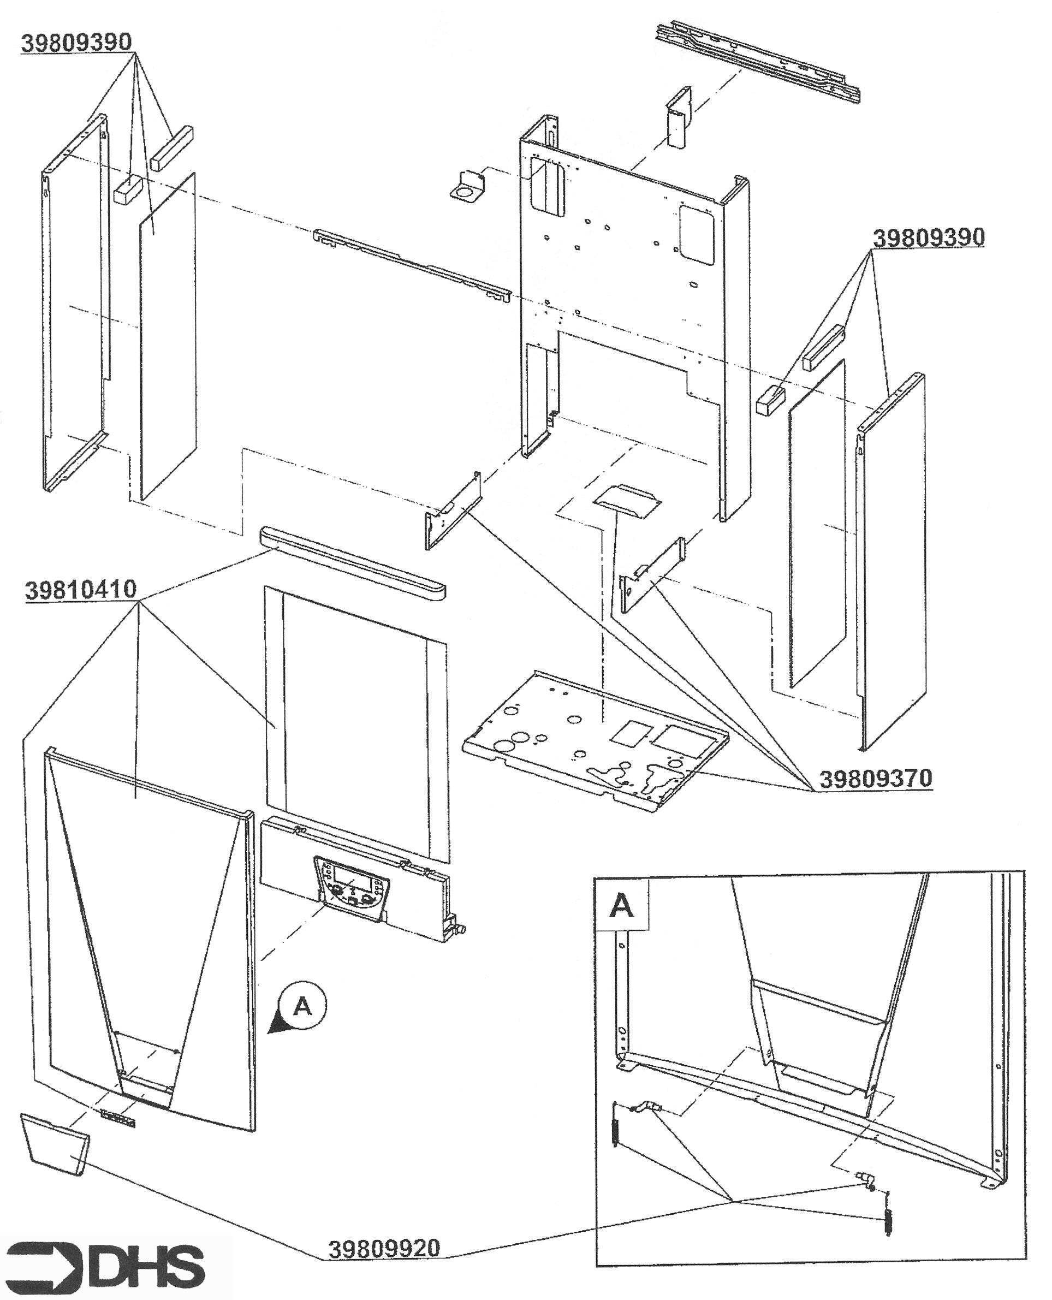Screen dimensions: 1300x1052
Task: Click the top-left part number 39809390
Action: (76, 43)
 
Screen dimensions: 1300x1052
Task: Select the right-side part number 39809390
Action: (929, 238)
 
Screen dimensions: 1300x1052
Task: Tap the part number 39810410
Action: (81, 590)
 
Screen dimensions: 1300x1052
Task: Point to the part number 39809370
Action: (876, 779)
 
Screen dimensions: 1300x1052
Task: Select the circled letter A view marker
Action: (302, 1006)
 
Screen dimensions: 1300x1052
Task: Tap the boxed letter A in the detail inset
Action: (622, 905)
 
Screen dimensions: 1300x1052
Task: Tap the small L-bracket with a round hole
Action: (468, 185)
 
